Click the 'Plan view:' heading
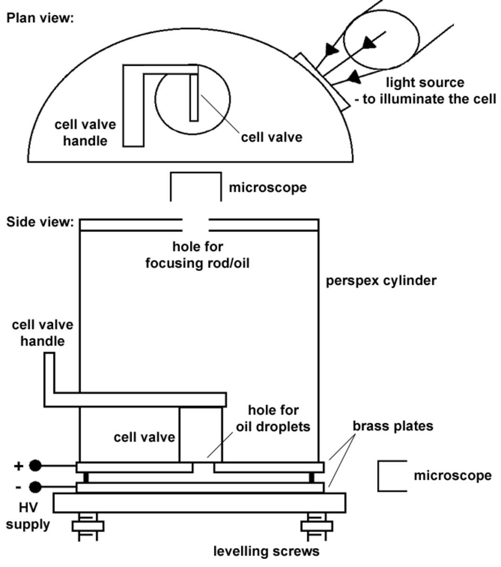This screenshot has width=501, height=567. pos(40,18)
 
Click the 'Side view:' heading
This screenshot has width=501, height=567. pos(40,222)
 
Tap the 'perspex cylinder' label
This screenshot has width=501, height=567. pos(381,281)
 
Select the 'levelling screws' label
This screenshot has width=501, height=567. pos(267,551)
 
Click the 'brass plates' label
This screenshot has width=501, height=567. pos(393,426)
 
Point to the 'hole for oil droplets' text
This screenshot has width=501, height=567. pos(273,418)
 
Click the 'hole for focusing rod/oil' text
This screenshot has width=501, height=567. pos(197,255)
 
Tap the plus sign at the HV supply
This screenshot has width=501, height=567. pos(18,466)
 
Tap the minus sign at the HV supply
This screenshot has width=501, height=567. pos(18,487)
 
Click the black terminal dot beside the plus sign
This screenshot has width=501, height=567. pos(35,466)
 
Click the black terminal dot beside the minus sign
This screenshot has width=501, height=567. pos(35,487)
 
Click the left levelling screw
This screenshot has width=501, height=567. pos(87,526)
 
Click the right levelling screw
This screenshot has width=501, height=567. pos(317,526)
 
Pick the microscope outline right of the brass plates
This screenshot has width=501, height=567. pos(392,476)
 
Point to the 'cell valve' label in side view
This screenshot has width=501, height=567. pos(144,437)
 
